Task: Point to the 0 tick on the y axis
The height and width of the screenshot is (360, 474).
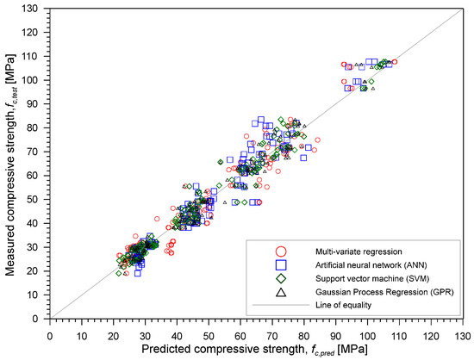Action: click(41, 318)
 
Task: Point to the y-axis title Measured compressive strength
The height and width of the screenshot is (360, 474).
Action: click(12, 164)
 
